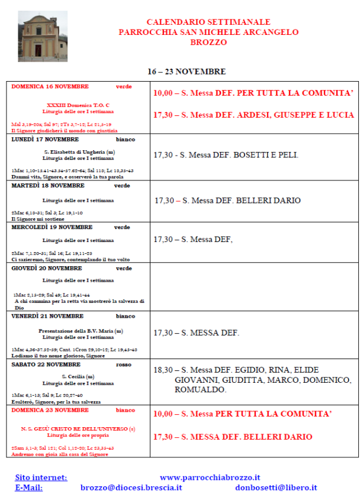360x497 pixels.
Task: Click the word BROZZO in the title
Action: coord(208,43)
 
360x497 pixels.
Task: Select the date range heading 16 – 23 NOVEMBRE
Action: coord(187,72)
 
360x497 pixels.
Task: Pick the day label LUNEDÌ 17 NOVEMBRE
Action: coord(45,140)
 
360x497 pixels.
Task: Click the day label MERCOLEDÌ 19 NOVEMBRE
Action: coord(52,227)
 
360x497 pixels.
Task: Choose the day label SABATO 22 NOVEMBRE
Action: coord(46,365)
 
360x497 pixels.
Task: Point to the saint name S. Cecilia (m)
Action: coord(81,376)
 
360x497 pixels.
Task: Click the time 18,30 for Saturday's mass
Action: coord(163,370)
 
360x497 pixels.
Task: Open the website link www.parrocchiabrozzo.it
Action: coord(210,477)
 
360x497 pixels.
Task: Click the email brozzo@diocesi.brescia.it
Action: coord(131,488)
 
